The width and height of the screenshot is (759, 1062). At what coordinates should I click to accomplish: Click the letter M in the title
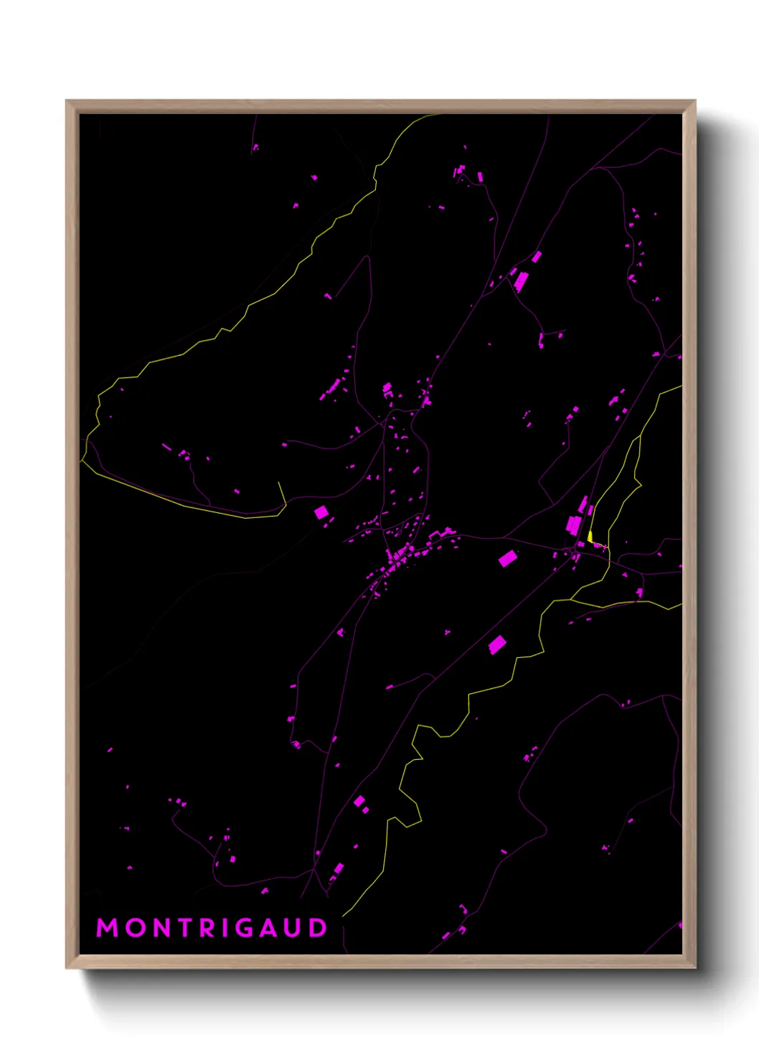click(x=107, y=928)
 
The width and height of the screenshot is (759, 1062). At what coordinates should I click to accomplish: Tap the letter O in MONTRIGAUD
click(x=136, y=928)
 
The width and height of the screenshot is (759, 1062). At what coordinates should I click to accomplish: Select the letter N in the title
click(x=164, y=928)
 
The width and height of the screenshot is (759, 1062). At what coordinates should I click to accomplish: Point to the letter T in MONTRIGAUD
click(x=188, y=928)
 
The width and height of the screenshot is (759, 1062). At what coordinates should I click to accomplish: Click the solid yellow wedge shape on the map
click(x=590, y=536)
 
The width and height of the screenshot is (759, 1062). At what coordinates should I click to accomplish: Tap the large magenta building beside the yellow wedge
click(x=573, y=525)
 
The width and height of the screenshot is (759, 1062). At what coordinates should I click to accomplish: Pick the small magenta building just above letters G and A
click(x=265, y=891)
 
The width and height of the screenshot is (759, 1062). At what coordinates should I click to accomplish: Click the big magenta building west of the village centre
click(x=321, y=512)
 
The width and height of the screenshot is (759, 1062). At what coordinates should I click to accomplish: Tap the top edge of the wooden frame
click(x=380, y=106)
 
